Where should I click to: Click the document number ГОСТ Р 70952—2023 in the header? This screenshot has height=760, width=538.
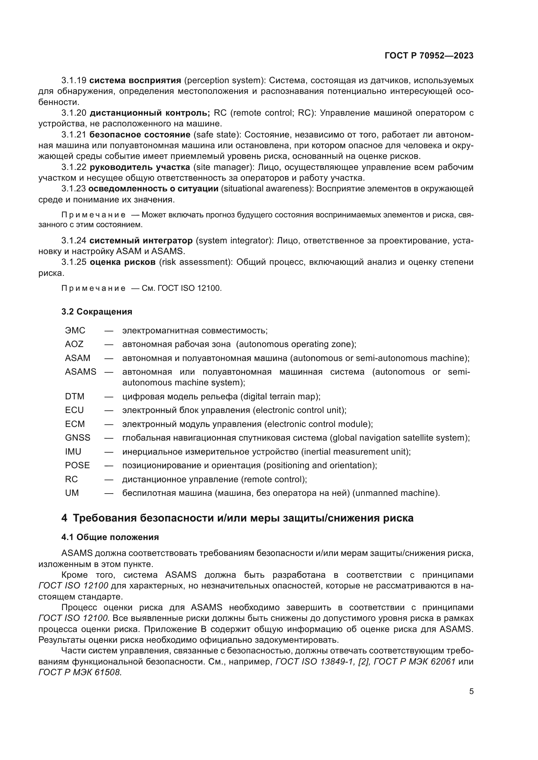pos(429,56)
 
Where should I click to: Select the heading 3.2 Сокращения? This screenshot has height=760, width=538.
pos(97,312)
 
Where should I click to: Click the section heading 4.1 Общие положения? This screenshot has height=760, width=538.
pos(110,537)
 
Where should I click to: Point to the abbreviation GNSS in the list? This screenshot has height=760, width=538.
pos(77,438)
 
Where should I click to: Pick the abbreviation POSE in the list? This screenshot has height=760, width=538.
pos(77,465)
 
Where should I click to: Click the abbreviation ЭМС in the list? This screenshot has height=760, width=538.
pos(75,330)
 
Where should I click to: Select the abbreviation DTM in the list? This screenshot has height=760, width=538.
pos(74,396)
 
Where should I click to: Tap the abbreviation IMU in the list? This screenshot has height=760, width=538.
pos(73,452)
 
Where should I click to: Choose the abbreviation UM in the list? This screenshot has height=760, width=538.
pos(72,493)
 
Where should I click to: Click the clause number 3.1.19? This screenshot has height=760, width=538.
pos(74,81)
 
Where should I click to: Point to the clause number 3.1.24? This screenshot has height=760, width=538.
pos(74,240)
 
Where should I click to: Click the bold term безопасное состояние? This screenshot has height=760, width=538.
pos(140,135)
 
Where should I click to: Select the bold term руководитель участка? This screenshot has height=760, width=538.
pos(140,167)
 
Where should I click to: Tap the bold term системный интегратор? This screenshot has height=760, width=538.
pos(141,240)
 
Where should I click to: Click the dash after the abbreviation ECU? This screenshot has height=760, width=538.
pos(109,410)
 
